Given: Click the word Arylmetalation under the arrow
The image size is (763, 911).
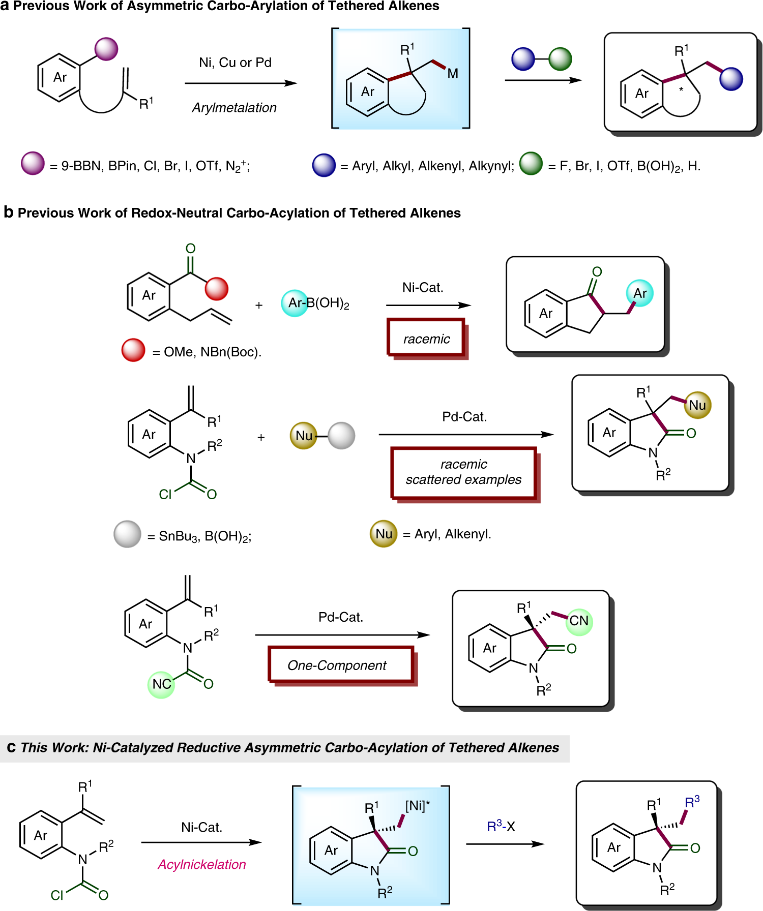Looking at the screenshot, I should pos(234,108).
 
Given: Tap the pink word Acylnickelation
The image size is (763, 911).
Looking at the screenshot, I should pos(202,864).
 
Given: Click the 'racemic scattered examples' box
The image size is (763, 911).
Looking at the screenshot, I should pos(463,472).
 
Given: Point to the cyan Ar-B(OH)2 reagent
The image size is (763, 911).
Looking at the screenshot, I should pos(315,303).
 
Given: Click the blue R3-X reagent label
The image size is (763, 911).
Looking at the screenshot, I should pos(501,827).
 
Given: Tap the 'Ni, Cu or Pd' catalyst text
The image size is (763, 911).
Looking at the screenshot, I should pos(235,63).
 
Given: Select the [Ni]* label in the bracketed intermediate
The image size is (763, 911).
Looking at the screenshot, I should pos(418,806).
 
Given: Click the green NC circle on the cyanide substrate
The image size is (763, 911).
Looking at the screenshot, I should pos(161,684).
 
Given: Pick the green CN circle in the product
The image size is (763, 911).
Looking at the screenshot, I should pos(579,621).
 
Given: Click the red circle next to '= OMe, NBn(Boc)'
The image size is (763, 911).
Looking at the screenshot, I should pos(133,350).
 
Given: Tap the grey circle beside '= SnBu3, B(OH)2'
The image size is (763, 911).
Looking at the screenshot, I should pos(127,534).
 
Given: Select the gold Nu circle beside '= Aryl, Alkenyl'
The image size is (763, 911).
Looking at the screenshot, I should pos(384,534).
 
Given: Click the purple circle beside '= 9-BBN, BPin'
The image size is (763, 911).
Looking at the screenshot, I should pos(33,164).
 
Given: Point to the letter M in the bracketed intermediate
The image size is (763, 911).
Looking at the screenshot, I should pos(453,74).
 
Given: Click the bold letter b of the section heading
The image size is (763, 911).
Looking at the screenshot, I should pos(8,212).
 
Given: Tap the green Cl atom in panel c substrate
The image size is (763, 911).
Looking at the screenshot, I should pos(57,895).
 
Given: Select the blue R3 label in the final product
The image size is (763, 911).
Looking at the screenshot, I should pos(692,803).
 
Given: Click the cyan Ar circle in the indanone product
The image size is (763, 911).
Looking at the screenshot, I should pos(639,293).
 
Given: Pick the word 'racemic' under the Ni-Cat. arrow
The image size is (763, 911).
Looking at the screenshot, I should pos(426,339).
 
